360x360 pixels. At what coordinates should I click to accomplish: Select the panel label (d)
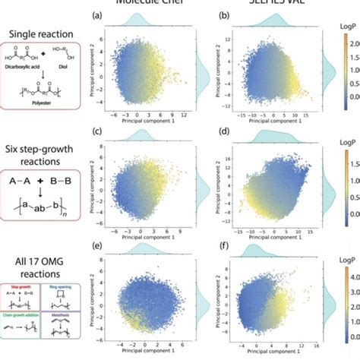pyautogui.click(x=223, y=134)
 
